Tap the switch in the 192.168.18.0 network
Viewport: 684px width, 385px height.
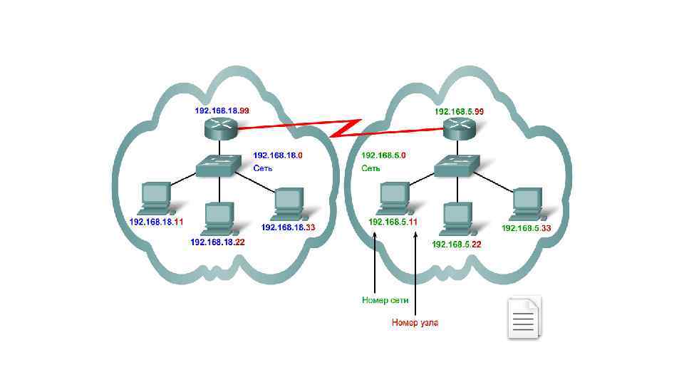point(218,166)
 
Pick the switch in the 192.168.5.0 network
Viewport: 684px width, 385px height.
point(457,166)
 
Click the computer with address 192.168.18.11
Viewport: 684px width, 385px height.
point(156,198)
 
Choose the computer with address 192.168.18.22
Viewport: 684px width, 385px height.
point(218,219)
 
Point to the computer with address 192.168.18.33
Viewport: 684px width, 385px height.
point(288,205)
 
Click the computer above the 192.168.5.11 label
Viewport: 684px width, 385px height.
point(393,197)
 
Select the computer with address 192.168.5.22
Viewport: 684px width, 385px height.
point(456,220)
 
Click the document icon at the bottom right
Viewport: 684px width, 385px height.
point(524,317)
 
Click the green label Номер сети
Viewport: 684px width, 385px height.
point(385,301)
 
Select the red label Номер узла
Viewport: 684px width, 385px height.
point(415,322)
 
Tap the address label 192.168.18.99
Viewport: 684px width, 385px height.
point(222,111)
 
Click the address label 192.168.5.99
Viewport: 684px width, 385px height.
point(459,111)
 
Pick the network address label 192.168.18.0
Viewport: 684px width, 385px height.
point(278,155)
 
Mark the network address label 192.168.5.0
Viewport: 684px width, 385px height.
point(383,155)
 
